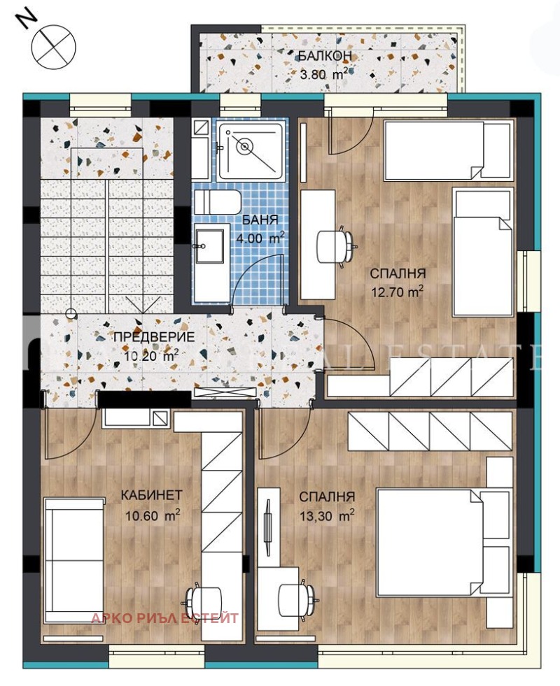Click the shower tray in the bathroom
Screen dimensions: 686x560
tap(250, 149)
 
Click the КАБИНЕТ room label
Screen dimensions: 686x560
tap(151, 495)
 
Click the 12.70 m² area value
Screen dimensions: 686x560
tap(398, 292)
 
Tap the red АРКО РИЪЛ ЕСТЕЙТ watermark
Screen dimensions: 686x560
tap(165, 618)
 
